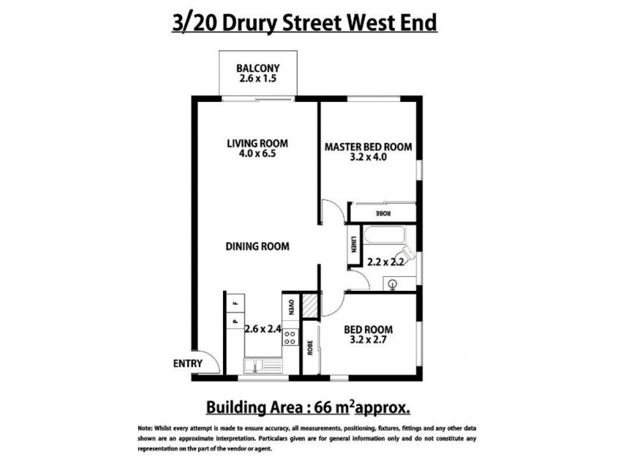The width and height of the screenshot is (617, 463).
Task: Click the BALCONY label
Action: (258, 66)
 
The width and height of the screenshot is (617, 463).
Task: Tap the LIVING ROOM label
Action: (257, 143)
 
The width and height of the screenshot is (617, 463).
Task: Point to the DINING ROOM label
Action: (257, 247)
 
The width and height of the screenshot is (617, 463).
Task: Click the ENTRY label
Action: (187, 363)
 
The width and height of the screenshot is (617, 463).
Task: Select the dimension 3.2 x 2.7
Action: (367, 339)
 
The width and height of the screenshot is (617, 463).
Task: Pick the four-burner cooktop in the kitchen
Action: (292, 337)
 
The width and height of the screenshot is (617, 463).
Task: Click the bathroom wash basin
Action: (393, 283)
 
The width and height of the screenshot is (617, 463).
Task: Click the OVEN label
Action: (292, 307)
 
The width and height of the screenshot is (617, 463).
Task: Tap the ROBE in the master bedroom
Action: (383, 212)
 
